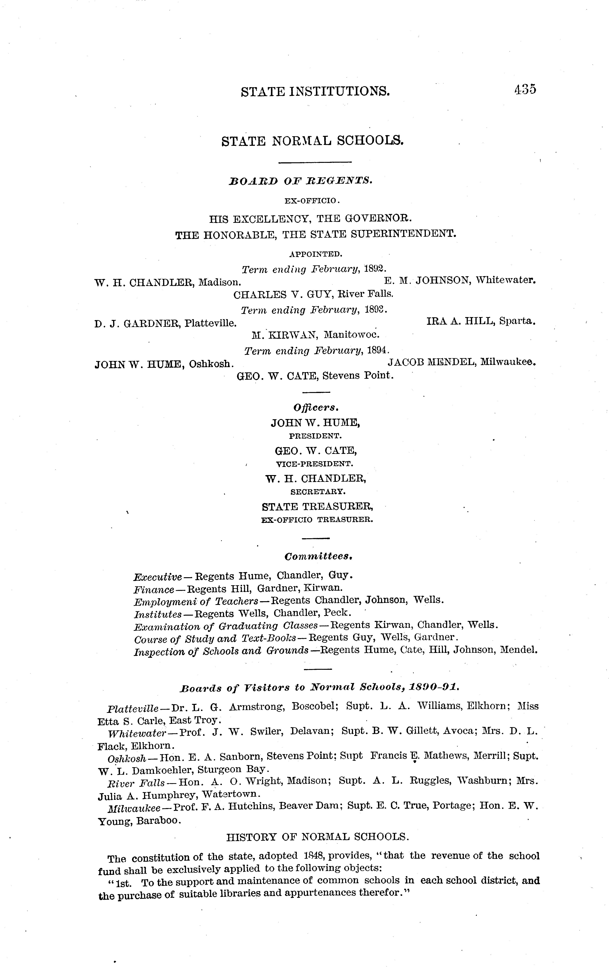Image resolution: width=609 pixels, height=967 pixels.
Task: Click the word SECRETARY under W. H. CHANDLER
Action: pos(317,491)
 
